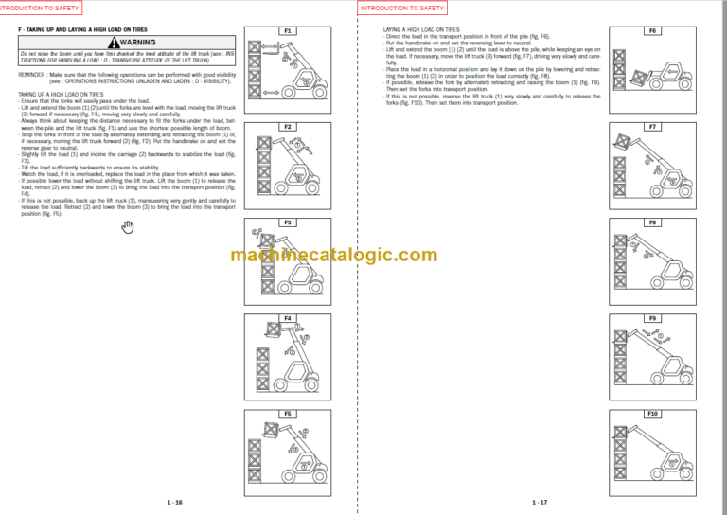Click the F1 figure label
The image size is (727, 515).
[288, 31]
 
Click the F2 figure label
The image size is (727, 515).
[288, 126]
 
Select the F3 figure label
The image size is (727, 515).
[288, 222]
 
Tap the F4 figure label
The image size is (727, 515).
[288, 317]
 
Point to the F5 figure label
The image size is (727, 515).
[288, 413]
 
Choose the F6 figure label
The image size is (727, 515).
[652, 31]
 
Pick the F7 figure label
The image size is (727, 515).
[652, 126]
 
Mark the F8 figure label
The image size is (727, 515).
[652, 222]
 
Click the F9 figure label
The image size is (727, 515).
[652, 317]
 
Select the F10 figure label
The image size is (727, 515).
[652, 413]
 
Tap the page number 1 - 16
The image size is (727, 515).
[174, 502]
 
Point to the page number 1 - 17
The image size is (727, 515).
[540, 502]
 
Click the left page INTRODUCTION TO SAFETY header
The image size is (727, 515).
[41, 8]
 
